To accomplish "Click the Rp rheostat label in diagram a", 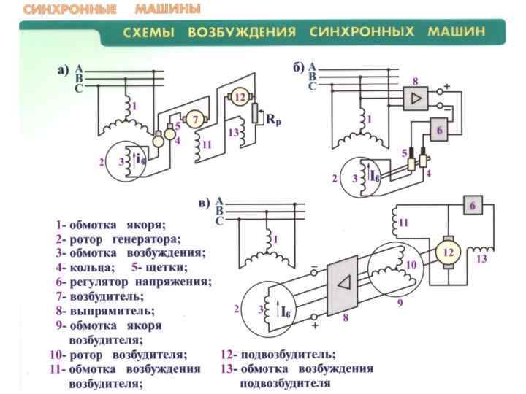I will tap(272, 120).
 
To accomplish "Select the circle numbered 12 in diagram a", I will tap(240, 98).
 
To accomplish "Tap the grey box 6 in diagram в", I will tap(472, 207).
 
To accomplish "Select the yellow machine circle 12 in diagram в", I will tap(449, 252).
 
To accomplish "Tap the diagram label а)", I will tap(62, 71).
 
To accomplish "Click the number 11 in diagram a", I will tap(207, 144).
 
